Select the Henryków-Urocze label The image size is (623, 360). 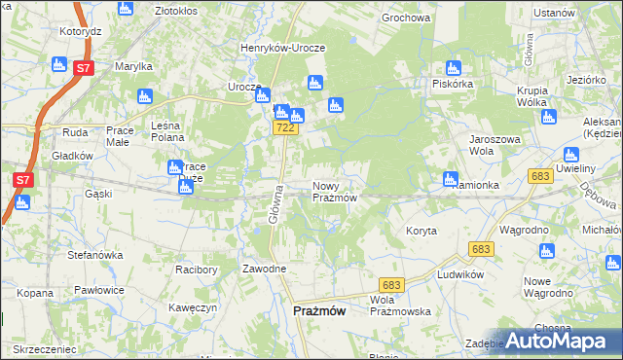coord(283,48)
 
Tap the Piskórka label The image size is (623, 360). coord(453,84)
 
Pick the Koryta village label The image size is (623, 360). coord(421,231)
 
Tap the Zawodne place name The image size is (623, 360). coord(265,269)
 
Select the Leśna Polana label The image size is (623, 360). coord(174,131)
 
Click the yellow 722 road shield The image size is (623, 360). coord(284,128)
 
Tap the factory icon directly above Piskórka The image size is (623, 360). coord(452,68)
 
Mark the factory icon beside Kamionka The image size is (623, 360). coord(450,179)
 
